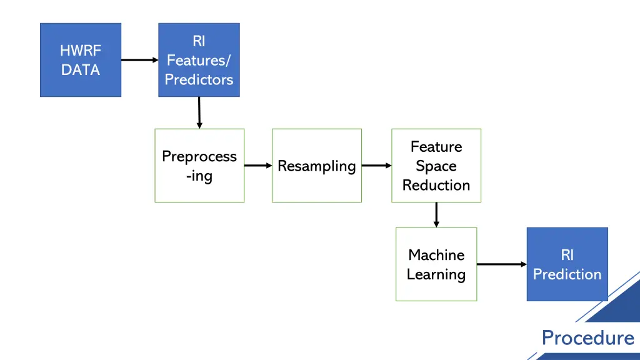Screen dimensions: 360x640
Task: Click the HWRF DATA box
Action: click(x=80, y=60)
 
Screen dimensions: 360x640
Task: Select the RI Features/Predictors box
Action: click(x=199, y=60)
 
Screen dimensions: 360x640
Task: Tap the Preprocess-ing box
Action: click(x=199, y=166)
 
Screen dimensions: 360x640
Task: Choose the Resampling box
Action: click(x=316, y=166)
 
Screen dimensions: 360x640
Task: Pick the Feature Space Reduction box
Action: click(x=436, y=166)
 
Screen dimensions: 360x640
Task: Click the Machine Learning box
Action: click(x=436, y=264)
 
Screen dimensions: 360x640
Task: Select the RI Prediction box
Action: click(x=567, y=264)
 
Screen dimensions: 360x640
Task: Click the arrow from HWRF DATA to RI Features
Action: click(x=139, y=60)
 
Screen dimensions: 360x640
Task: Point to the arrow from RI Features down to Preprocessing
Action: click(x=199, y=112)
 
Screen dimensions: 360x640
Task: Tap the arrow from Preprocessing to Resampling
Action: click(x=257, y=166)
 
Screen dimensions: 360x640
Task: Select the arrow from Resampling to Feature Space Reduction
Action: click(x=376, y=166)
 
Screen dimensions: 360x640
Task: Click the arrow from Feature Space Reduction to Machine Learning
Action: click(x=436, y=214)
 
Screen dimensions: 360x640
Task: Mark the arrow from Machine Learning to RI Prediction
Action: click(x=501, y=264)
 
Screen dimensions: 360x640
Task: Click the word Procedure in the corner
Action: click(x=587, y=338)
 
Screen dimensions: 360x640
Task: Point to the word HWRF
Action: click(x=80, y=51)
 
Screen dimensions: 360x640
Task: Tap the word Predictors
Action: click(x=199, y=79)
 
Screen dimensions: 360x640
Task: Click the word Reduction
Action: click(x=436, y=185)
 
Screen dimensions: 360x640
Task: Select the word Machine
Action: click(x=436, y=254)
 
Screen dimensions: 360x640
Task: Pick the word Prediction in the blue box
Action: click(x=567, y=274)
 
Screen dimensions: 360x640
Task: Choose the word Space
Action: click(x=436, y=166)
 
